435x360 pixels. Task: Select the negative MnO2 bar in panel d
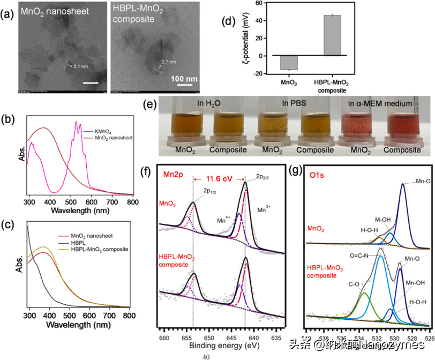289,63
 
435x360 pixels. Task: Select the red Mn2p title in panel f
172,174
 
